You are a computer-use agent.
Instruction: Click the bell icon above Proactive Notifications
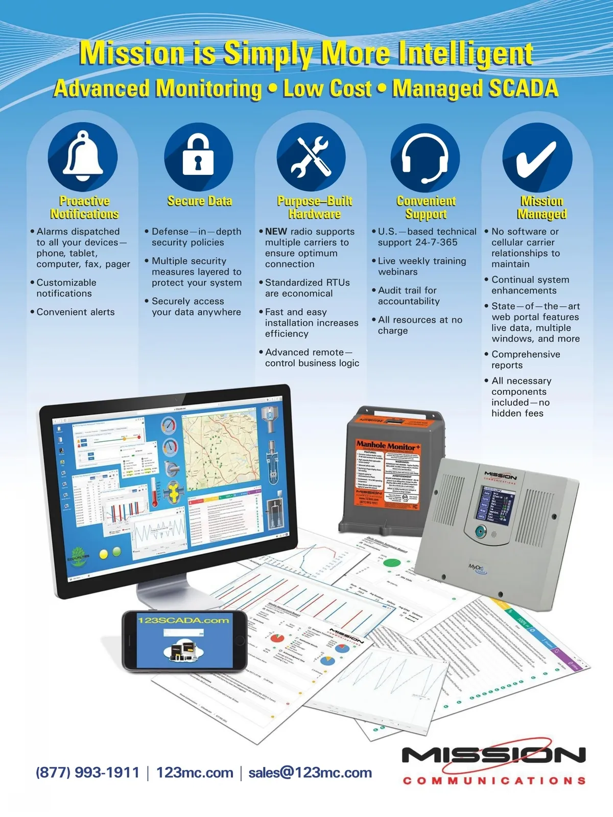point(83,156)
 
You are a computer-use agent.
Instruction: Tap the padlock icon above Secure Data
point(198,156)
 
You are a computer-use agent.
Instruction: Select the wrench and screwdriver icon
point(311,156)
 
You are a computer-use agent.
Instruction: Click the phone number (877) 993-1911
point(87,773)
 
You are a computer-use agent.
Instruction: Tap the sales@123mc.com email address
point(310,773)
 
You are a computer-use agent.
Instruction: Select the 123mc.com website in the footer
point(195,773)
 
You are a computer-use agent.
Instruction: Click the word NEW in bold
point(276,232)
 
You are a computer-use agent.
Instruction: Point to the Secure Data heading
point(199,201)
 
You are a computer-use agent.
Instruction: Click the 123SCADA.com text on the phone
point(183,620)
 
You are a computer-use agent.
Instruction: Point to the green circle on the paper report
point(392,563)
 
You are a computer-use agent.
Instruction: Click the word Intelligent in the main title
point(466,53)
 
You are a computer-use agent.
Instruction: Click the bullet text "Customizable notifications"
point(66,288)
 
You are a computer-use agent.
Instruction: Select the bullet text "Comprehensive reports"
point(525,359)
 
